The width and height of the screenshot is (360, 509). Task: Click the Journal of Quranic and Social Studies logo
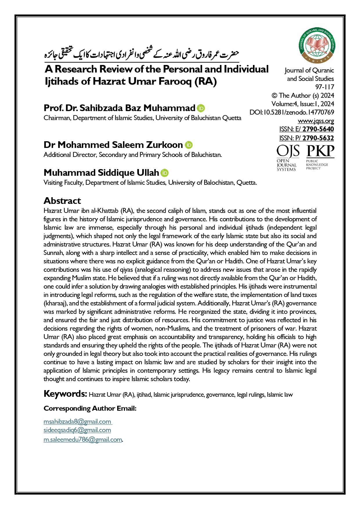coord(317,46)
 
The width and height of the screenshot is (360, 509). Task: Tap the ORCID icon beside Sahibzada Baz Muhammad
coord(201,108)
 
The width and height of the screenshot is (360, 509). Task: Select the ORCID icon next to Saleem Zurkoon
coord(189,145)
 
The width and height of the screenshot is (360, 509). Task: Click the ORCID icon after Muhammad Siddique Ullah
coord(164,173)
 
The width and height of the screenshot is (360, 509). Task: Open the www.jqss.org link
coord(316,121)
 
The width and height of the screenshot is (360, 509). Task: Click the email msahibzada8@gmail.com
coord(77,421)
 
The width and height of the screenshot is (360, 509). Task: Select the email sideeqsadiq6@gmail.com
coord(77,430)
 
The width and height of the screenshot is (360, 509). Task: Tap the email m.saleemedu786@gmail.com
coord(83,439)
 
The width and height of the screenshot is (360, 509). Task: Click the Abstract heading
coord(62,201)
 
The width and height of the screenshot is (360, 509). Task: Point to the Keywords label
coord(65,394)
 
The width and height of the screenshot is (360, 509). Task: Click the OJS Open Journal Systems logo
coord(287,158)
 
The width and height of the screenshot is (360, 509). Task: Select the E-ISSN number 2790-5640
coord(318,129)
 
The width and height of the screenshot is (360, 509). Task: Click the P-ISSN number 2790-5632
coord(318,138)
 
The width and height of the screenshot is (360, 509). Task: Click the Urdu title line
coord(142,54)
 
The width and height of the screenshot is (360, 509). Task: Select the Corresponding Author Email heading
coord(90,408)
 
